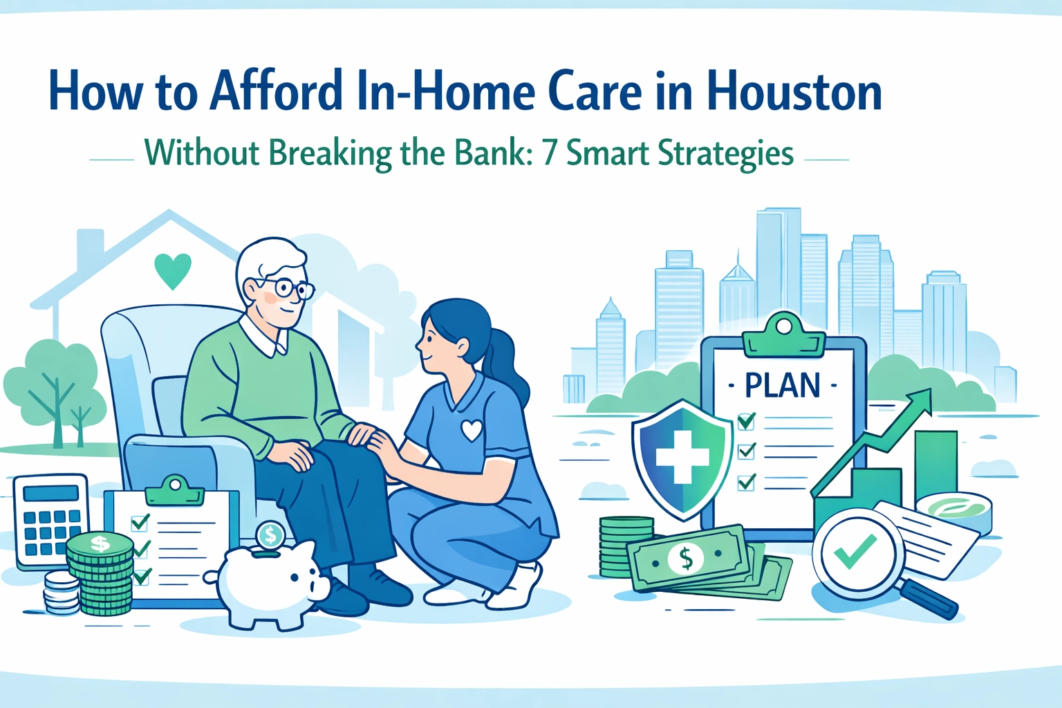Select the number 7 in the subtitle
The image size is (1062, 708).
pyautogui.click(x=549, y=153)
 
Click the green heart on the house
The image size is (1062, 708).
pyautogui.click(x=172, y=270)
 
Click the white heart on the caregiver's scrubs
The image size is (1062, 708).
pyautogui.click(x=472, y=430)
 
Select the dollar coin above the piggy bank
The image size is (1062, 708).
pyautogui.click(x=270, y=534)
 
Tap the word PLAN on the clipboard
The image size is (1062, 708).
pyautogui.click(x=783, y=386)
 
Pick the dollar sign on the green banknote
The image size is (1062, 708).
pyautogui.click(x=686, y=557)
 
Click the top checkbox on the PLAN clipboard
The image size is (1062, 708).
pyautogui.click(x=746, y=420)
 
